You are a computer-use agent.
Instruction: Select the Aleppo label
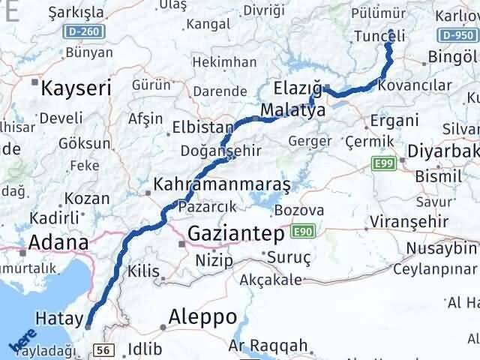click(x=203, y=316)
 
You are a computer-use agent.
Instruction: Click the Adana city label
click(x=58, y=242)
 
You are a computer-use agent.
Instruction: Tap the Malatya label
click(x=292, y=110)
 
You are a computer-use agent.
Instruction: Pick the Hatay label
click(x=58, y=319)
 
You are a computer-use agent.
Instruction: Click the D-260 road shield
click(x=88, y=33)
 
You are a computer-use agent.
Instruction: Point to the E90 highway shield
click(x=301, y=232)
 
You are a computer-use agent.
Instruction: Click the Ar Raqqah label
click(x=268, y=346)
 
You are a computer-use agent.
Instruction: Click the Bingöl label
click(x=451, y=57)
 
